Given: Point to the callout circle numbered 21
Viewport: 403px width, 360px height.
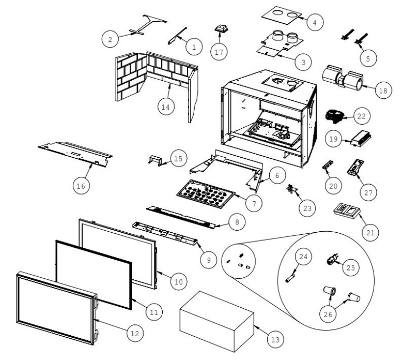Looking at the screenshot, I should coord(370,233).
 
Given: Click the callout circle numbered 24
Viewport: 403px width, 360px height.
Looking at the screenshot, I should coord(303,256).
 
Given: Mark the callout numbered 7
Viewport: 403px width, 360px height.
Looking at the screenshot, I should coord(252,203).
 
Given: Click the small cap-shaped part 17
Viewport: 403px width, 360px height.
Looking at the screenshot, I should coord(220,28).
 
